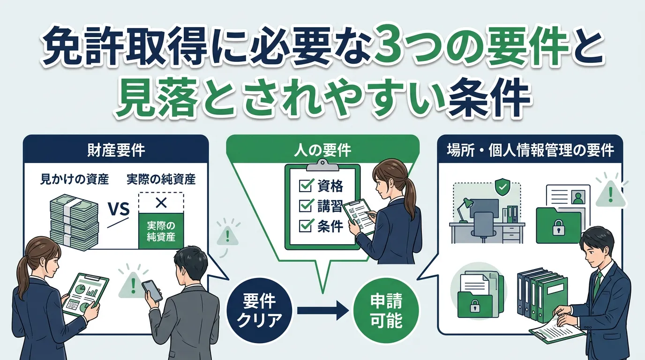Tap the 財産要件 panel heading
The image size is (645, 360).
click(x=116, y=150)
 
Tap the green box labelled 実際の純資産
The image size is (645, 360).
click(x=161, y=230)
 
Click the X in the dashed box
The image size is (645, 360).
click(x=161, y=202)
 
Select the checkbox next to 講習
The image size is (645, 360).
click(x=305, y=205)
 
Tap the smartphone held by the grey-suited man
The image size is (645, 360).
click(x=151, y=290)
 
